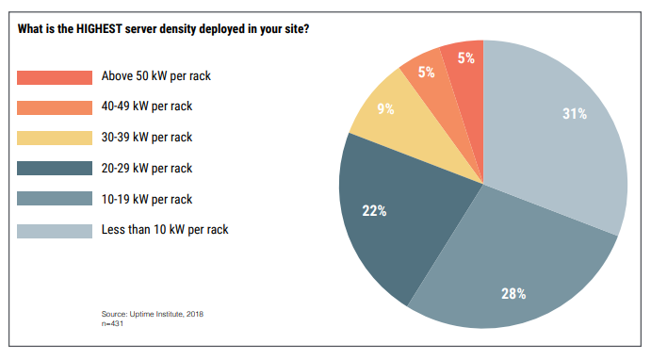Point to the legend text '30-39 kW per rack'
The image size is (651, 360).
(146, 138)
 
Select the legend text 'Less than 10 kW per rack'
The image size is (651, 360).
(164, 229)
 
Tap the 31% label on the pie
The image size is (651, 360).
(575, 113)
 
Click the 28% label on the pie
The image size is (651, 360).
(513, 293)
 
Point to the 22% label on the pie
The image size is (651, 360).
(374, 210)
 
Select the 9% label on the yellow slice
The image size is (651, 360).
(384, 109)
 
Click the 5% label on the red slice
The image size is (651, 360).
(464, 57)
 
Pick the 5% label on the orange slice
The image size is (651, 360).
(426, 73)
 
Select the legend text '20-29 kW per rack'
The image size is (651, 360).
(146, 168)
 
